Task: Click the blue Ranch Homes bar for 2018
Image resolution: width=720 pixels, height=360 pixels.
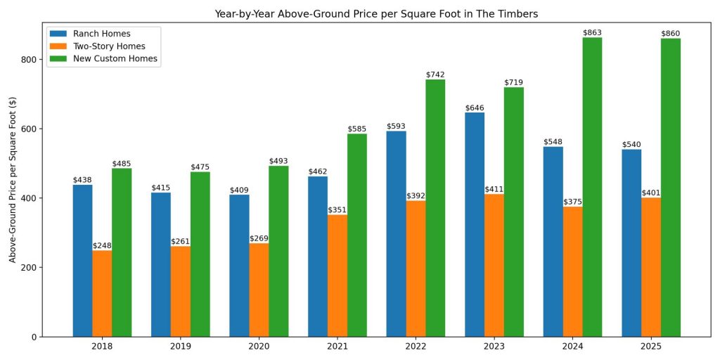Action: coord(82,260)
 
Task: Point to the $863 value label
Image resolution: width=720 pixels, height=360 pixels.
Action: coord(592,33)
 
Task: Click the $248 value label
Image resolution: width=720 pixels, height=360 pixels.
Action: coord(102,246)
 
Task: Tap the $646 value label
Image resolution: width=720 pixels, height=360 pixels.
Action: coord(475,108)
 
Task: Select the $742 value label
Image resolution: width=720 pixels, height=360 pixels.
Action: coord(435,75)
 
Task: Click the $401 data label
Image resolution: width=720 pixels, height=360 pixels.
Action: coord(651,193)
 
